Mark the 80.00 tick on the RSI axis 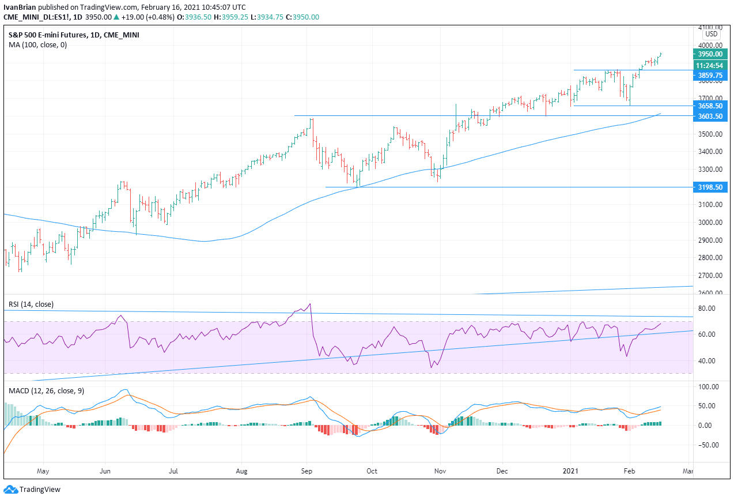pyautogui.click(x=706, y=309)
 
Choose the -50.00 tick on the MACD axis pyautogui.click(x=707, y=445)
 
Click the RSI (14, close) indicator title pyautogui.click(x=31, y=304)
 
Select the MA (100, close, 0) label pyautogui.click(x=37, y=45)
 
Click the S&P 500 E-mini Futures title pyautogui.click(x=47, y=35)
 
